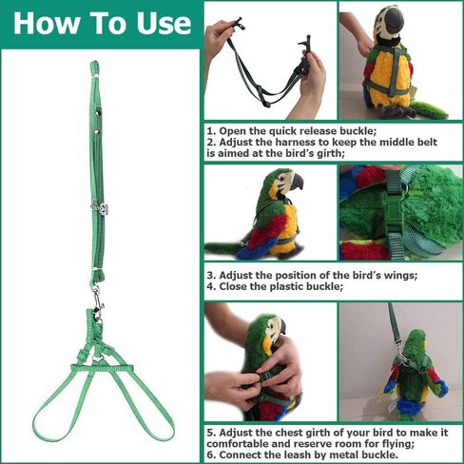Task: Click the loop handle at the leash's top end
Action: point(94,68)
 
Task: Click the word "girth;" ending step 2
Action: point(327,154)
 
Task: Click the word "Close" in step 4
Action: point(234,286)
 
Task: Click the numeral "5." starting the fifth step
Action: point(212,433)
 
